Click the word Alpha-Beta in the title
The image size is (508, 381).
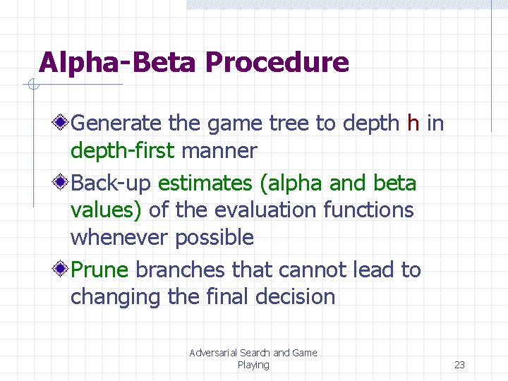click(117, 62)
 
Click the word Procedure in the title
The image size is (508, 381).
click(277, 64)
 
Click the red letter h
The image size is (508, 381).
click(413, 123)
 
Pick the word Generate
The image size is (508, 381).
click(116, 124)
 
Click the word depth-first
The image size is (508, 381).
click(123, 151)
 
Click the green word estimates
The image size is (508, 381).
click(205, 183)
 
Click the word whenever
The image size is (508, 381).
click(119, 238)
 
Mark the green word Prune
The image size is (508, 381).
click(100, 270)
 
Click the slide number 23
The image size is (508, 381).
click(459, 365)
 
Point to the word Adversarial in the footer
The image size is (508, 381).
click(214, 353)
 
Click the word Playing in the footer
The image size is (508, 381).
click(253, 365)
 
